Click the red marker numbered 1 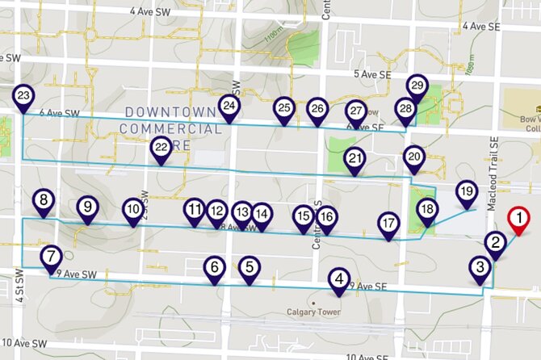(x=518, y=219)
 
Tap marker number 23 (x=23, y=98)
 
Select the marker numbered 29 (x=417, y=85)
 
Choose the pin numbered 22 (x=161, y=148)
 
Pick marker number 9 (x=86, y=207)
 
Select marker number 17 (x=389, y=224)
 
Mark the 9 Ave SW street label (x=78, y=275)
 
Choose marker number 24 (x=229, y=107)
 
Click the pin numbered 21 (x=354, y=158)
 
